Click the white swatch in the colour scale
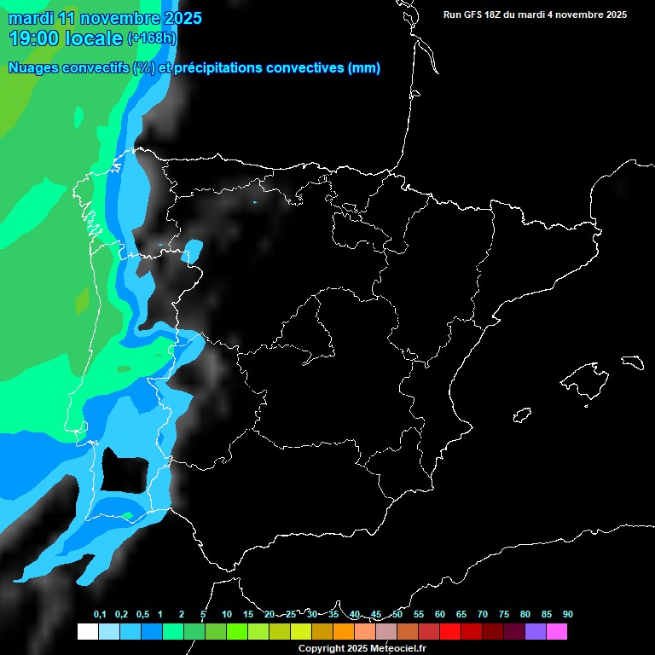point(87,631)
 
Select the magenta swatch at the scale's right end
point(557,631)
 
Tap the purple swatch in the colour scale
point(536,631)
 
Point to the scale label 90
point(568,614)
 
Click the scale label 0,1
point(100,614)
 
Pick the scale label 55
point(419,614)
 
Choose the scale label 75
point(504,614)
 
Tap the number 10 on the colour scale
point(227,614)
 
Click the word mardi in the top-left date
point(31,18)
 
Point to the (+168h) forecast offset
point(152,38)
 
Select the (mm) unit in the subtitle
point(364,68)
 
